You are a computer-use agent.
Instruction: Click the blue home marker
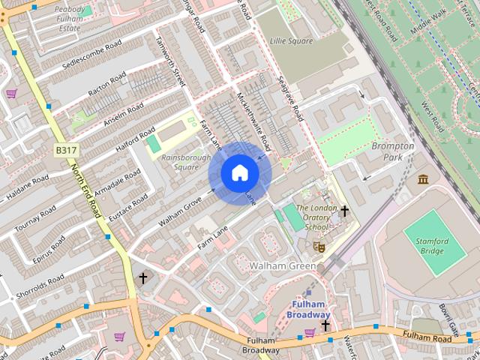coord(240,173)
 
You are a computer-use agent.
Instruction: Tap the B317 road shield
coord(65,151)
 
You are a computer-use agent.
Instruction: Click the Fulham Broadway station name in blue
coord(307,309)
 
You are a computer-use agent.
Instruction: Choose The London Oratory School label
coord(312,217)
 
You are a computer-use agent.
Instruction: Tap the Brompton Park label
coord(392,151)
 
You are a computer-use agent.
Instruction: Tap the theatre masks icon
coord(319,245)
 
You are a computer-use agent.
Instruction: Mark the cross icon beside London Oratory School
coord(344,211)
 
